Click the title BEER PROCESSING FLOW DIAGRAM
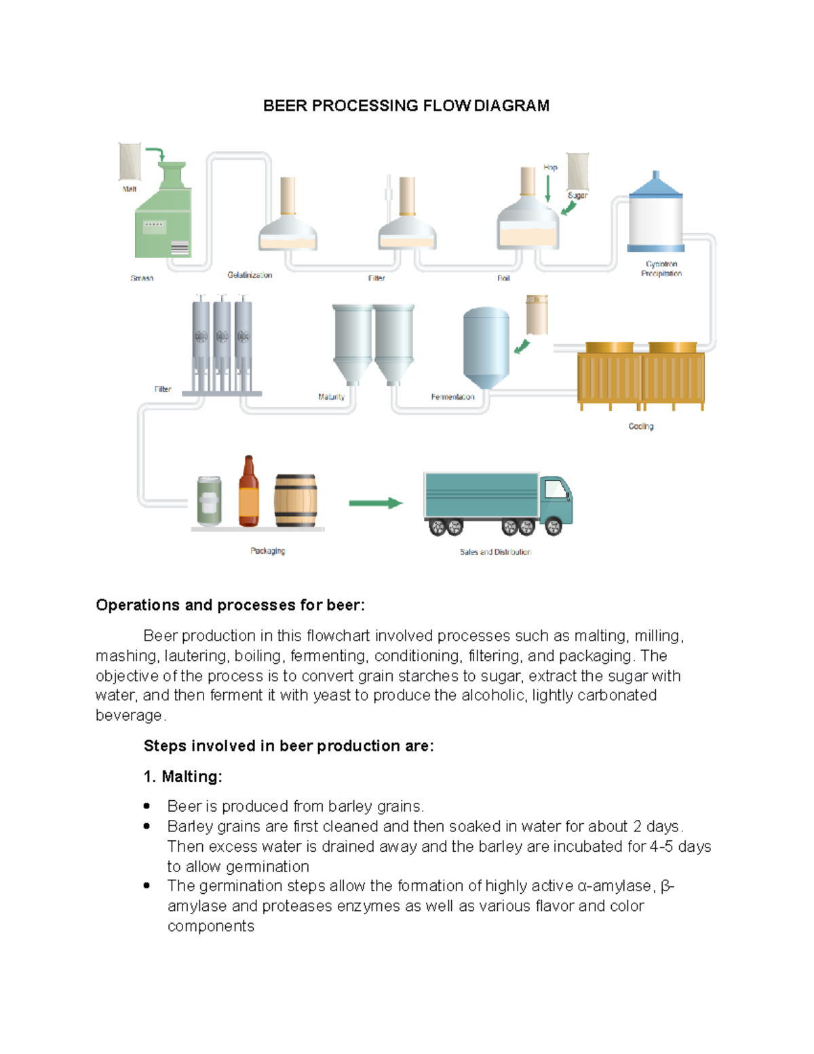coord(406,106)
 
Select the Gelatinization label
coord(250,275)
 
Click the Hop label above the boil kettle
coord(550,168)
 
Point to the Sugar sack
coord(578,171)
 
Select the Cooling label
coord(640,426)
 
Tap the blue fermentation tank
coord(486,346)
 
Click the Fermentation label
coord(452,397)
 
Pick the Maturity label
coord(331,397)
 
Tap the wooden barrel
coord(296,501)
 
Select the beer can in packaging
coord(209,501)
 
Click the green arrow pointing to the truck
coord(375,503)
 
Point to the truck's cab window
coord(556,489)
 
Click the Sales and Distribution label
coord(495,552)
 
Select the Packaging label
coord(267,551)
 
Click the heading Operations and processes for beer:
coord(230,605)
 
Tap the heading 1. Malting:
coord(182,776)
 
